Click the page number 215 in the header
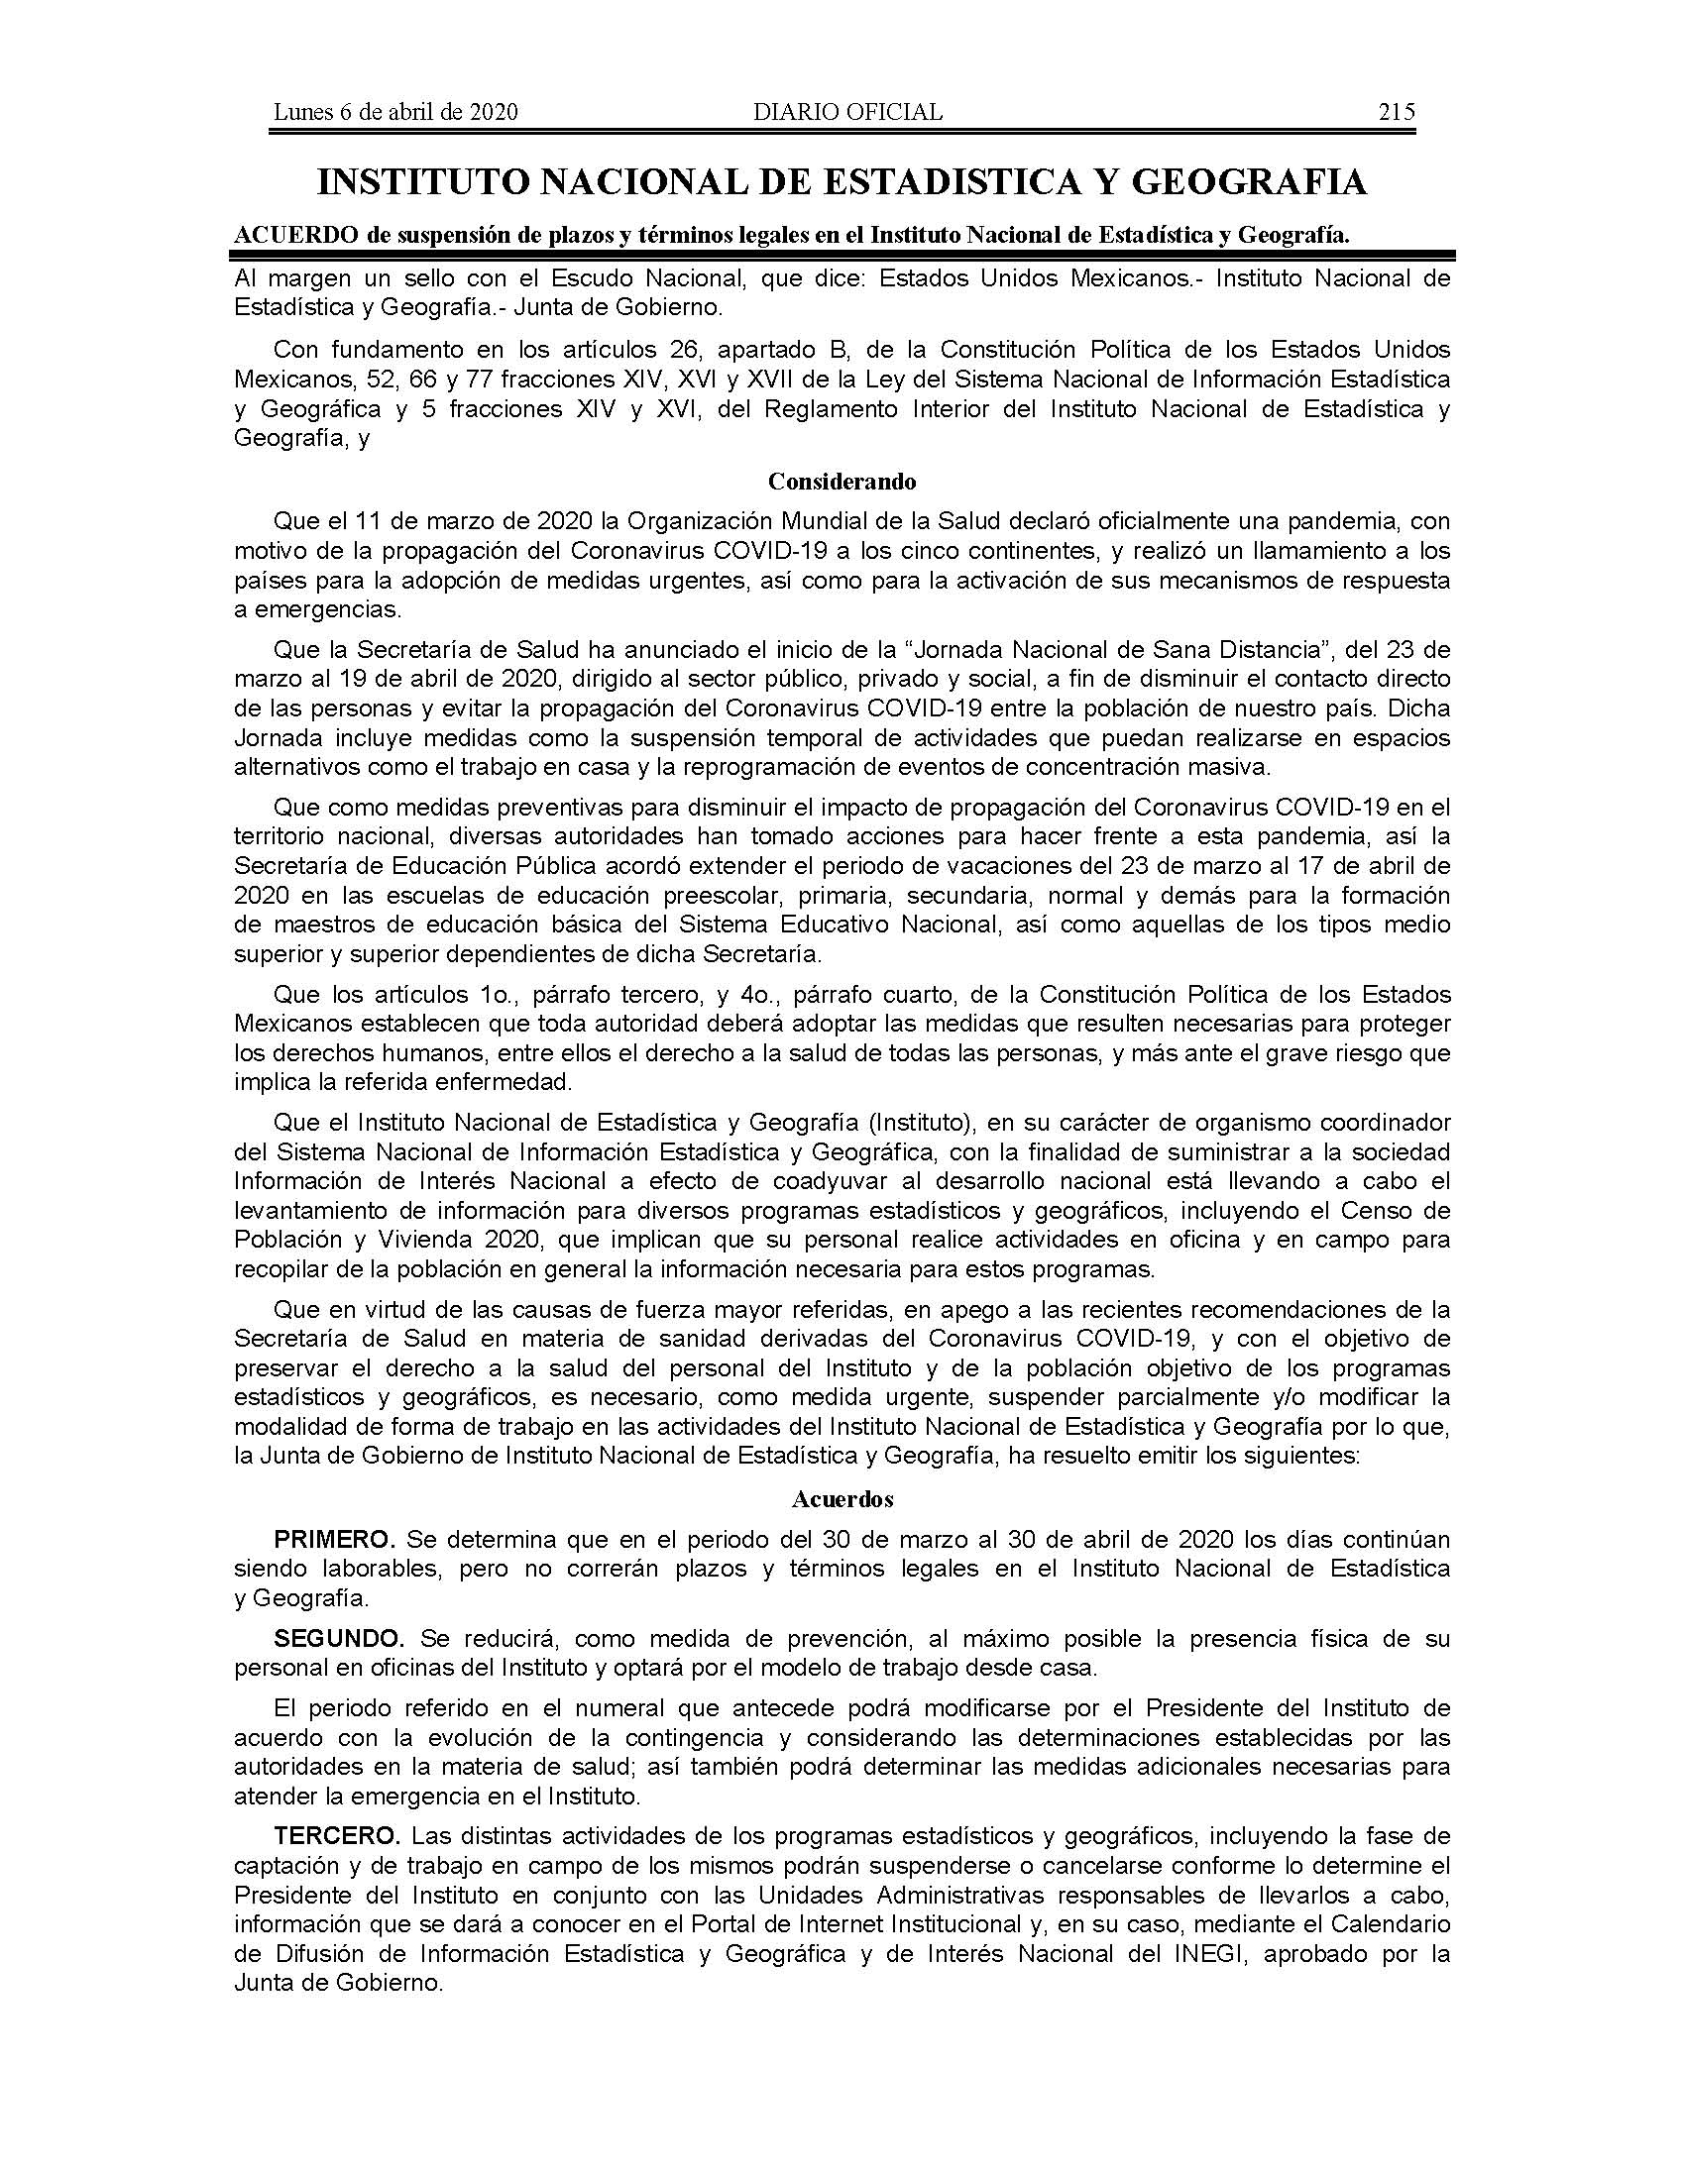point(1396,112)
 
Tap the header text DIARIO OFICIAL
point(847,112)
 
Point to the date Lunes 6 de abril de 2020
point(395,112)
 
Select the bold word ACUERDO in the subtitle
point(289,235)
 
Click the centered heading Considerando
point(842,482)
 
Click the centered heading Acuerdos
point(842,1499)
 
